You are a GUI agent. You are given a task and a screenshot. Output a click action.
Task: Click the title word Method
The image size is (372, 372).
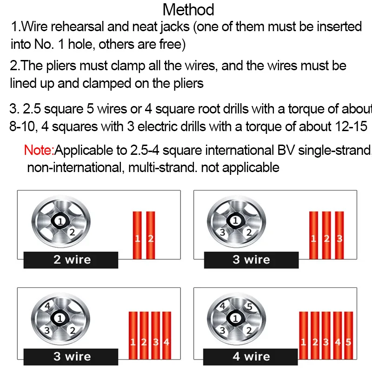coord(188,10)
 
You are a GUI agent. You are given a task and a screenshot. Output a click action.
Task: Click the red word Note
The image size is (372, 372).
coord(39,150)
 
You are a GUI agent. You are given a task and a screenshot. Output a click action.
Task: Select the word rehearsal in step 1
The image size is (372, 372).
coord(77,27)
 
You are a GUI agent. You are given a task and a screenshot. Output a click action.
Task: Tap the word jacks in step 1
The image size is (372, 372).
coord(175,27)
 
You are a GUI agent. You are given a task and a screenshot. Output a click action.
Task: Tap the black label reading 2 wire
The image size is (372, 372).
coord(71,260)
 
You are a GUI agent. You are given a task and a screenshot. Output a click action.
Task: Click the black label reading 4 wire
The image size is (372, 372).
coord(250,357)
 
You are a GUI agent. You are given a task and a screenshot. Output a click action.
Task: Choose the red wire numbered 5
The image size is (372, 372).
coord(348,335)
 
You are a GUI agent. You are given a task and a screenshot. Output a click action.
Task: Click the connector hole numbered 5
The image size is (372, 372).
coord(249,306)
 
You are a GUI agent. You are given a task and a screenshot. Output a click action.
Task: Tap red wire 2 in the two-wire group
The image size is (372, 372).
coord(150,235)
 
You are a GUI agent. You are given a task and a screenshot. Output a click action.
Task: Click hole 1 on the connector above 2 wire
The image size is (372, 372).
coord(60,221)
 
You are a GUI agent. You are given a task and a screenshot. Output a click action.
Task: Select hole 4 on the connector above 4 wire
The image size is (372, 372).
coord(223,306)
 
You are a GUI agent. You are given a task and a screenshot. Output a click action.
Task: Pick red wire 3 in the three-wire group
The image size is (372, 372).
coord(339,235)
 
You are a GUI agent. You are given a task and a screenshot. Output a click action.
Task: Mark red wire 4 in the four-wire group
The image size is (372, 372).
coord(166,335)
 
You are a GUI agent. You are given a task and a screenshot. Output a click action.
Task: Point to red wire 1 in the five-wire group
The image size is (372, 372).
coord(304,335)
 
